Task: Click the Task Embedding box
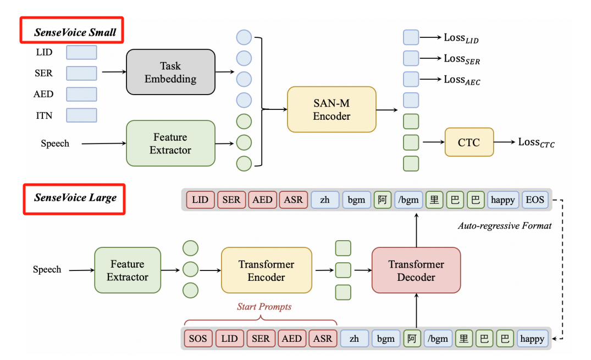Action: click(170, 72)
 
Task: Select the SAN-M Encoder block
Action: click(332, 109)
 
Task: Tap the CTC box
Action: click(468, 143)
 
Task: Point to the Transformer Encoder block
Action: click(266, 270)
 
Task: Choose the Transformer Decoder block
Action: click(416, 271)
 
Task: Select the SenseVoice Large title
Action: click(75, 197)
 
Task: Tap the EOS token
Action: click(534, 200)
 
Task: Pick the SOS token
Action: click(198, 339)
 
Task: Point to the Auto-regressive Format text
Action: click(505, 226)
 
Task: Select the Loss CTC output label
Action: click(536, 143)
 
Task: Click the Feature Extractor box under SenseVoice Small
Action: click(170, 143)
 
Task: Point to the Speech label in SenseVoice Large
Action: click(47, 270)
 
